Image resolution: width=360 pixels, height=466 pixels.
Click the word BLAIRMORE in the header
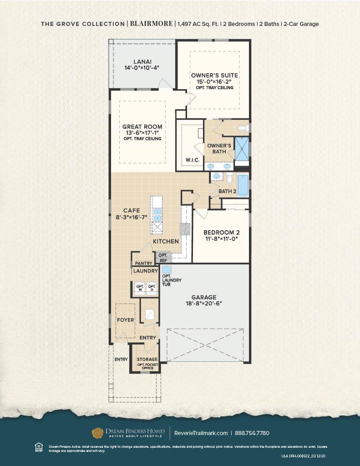coord(151,24)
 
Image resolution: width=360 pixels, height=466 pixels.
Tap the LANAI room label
coord(142,62)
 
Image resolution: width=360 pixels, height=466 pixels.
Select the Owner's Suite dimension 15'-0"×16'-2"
coord(214,82)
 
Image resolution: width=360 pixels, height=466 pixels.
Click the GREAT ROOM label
coord(142,127)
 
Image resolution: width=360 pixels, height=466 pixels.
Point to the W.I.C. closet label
coord(193,160)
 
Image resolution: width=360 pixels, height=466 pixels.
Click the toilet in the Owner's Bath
coord(243,128)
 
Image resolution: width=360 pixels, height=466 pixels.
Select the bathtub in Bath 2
coord(243,186)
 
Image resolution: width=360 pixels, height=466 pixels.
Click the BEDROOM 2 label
coord(222,233)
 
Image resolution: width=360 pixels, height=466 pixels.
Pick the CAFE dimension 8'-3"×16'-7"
coord(132,217)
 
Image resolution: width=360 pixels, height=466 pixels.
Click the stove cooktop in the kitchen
coord(185,229)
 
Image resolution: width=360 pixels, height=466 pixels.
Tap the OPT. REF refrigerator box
coord(163,258)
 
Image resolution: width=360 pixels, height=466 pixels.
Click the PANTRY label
coord(143,263)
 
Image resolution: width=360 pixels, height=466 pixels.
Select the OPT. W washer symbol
coord(140,288)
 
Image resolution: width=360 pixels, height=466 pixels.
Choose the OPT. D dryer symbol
coord(152,288)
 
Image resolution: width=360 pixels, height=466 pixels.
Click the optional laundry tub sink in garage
coord(167,269)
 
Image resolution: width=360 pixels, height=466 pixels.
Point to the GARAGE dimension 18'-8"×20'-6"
coord(204,304)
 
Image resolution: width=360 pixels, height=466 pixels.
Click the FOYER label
coord(126,320)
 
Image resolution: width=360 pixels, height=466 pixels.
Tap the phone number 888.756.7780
coord(252,433)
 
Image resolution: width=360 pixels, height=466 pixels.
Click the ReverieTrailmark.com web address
coord(201,433)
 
